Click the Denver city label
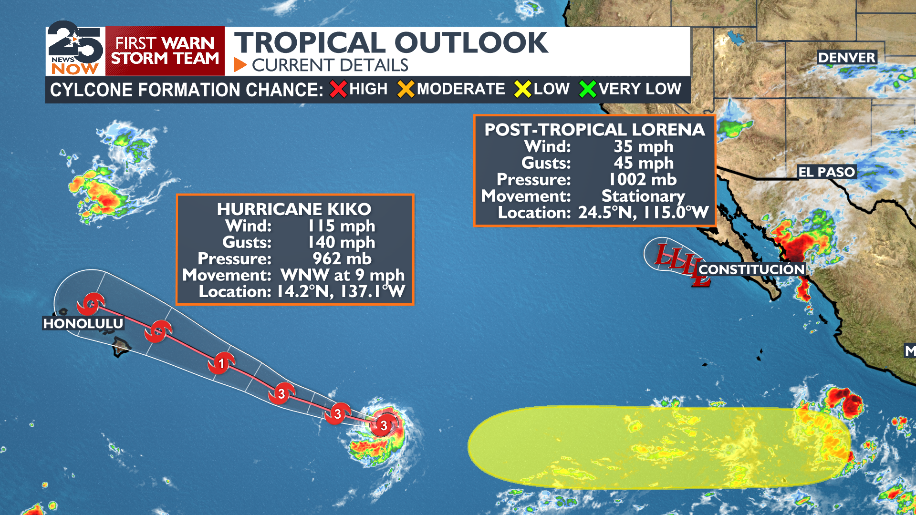click(846, 58)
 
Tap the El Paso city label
click(826, 172)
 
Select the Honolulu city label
click(83, 323)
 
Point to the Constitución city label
click(751, 269)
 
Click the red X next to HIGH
click(338, 89)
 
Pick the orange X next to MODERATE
click(406, 89)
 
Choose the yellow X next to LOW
click(522, 89)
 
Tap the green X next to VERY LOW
click(587, 89)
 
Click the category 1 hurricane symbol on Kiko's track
click(221, 364)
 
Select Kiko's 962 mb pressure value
click(342, 258)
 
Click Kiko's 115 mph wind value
click(342, 226)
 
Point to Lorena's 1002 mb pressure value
click(643, 179)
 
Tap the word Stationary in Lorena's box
click(643, 196)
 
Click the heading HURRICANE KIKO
click(294, 209)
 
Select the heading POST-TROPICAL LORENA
click(594, 130)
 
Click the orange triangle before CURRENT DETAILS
click(239, 65)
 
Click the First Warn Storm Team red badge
click(165, 51)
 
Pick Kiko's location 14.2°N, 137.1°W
click(341, 291)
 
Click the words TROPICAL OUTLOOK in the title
click(391, 42)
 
